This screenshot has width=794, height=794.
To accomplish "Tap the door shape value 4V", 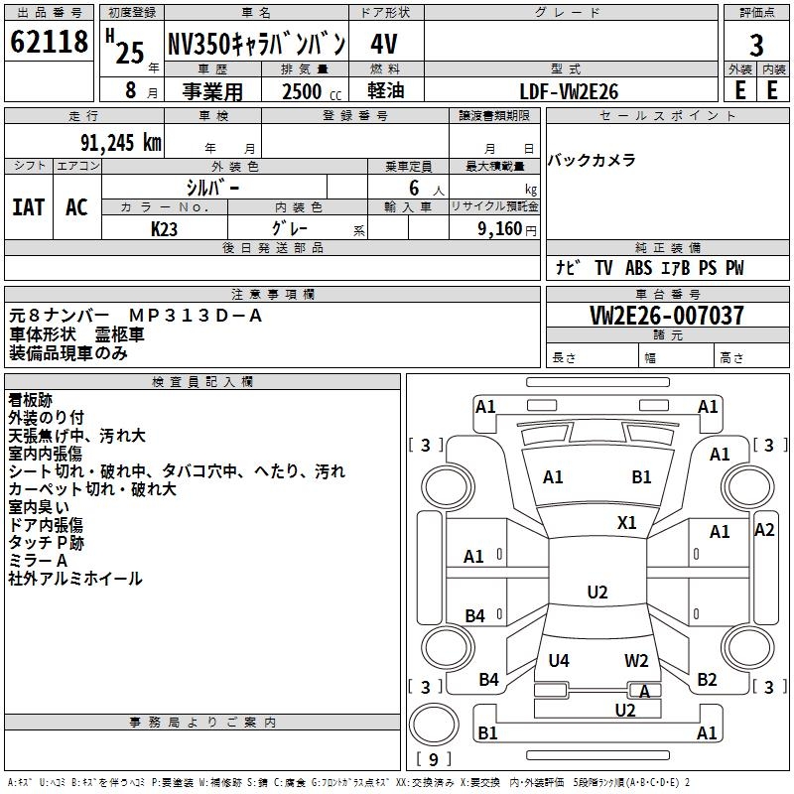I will click(384, 45).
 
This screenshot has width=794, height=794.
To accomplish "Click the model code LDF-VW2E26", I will click(569, 91).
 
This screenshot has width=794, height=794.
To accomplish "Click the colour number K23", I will click(165, 228).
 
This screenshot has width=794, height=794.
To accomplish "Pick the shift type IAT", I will click(29, 207).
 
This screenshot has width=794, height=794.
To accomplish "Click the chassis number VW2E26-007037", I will click(666, 316).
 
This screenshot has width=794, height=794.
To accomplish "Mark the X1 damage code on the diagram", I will click(627, 522).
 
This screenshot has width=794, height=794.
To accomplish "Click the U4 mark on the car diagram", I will click(559, 660).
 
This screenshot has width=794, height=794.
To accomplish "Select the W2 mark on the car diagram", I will click(636, 660).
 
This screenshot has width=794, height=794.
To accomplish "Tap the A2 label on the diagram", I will click(764, 530).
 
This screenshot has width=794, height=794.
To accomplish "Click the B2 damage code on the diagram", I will click(707, 680).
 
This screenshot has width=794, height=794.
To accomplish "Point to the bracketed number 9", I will click(433, 759).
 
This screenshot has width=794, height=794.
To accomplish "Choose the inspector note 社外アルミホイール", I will click(75, 579).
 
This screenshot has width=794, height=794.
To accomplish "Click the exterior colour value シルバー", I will click(212, 186).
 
